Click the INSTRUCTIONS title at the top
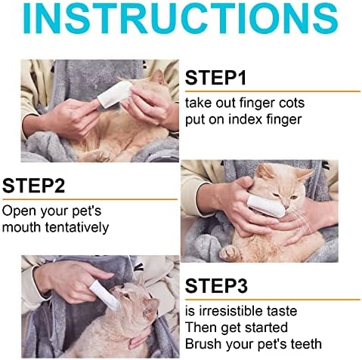[x=181, y=17]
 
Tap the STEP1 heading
[x=215, y=78]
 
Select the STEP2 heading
[x=33, y=186]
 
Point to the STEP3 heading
[x=216, y=286]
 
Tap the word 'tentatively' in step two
[x=77, y=227]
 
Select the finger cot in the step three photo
[x=105, y=295]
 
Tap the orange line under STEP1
[x=273, y=91]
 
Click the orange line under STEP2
[x=90, y=199]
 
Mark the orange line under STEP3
[x=273, y=300]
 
